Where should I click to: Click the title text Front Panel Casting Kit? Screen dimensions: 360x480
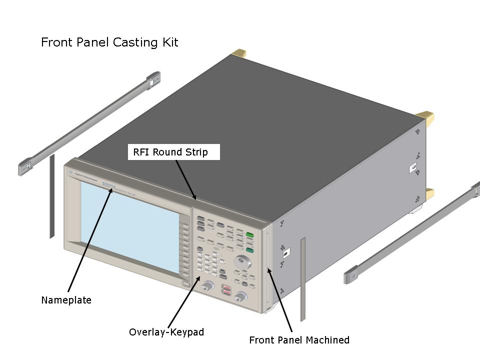click(109, 42)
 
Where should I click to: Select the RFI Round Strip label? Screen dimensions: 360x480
click(170, 152)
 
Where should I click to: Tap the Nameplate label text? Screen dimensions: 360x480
click(66, 300)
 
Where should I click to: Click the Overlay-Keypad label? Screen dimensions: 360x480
click(166, 332)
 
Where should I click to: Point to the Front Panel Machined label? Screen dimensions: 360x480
click(299, 340)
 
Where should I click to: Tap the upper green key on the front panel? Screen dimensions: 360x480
click(249, 235)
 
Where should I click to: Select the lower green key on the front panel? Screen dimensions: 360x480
click(249, 250)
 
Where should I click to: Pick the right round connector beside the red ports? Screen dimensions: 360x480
click(241, 297)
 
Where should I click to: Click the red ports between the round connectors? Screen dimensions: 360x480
click(226, 290)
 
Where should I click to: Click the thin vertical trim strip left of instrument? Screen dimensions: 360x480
click(51, 196)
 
